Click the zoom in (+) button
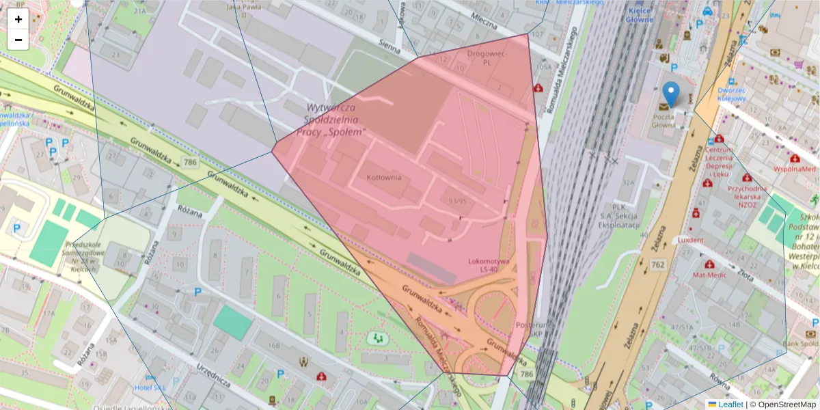pyautogui.click(x=18, y=19)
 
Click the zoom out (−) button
pyautogui.click(x=18, y=40)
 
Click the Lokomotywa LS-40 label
pyautogui.click(x=489, y=266)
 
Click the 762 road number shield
pyautogui.click(x=658, y=264)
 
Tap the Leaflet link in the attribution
pyautogui.click(x=730, y=405)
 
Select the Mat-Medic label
pyautogui.click(x=708, y=275)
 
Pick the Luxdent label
pyautogui.click(x=690, y=241)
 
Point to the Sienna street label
pyautogui.click(x=393, y=45)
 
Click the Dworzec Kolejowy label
pyautogui.click(x=731, y=94)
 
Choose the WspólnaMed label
pyautogui.click(x=794, y=168)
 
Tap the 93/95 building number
pyautogui.click(x=458, y=201)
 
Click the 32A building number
pyautogui.click(x=628, y=182)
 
